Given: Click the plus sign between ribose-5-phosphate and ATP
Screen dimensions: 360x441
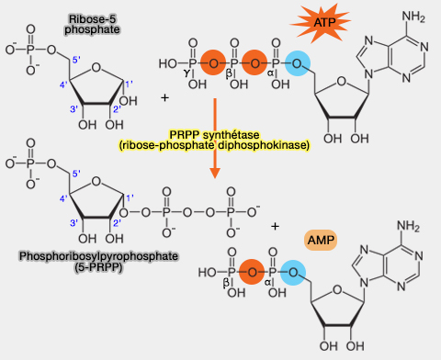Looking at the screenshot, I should (x=164, y=96).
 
